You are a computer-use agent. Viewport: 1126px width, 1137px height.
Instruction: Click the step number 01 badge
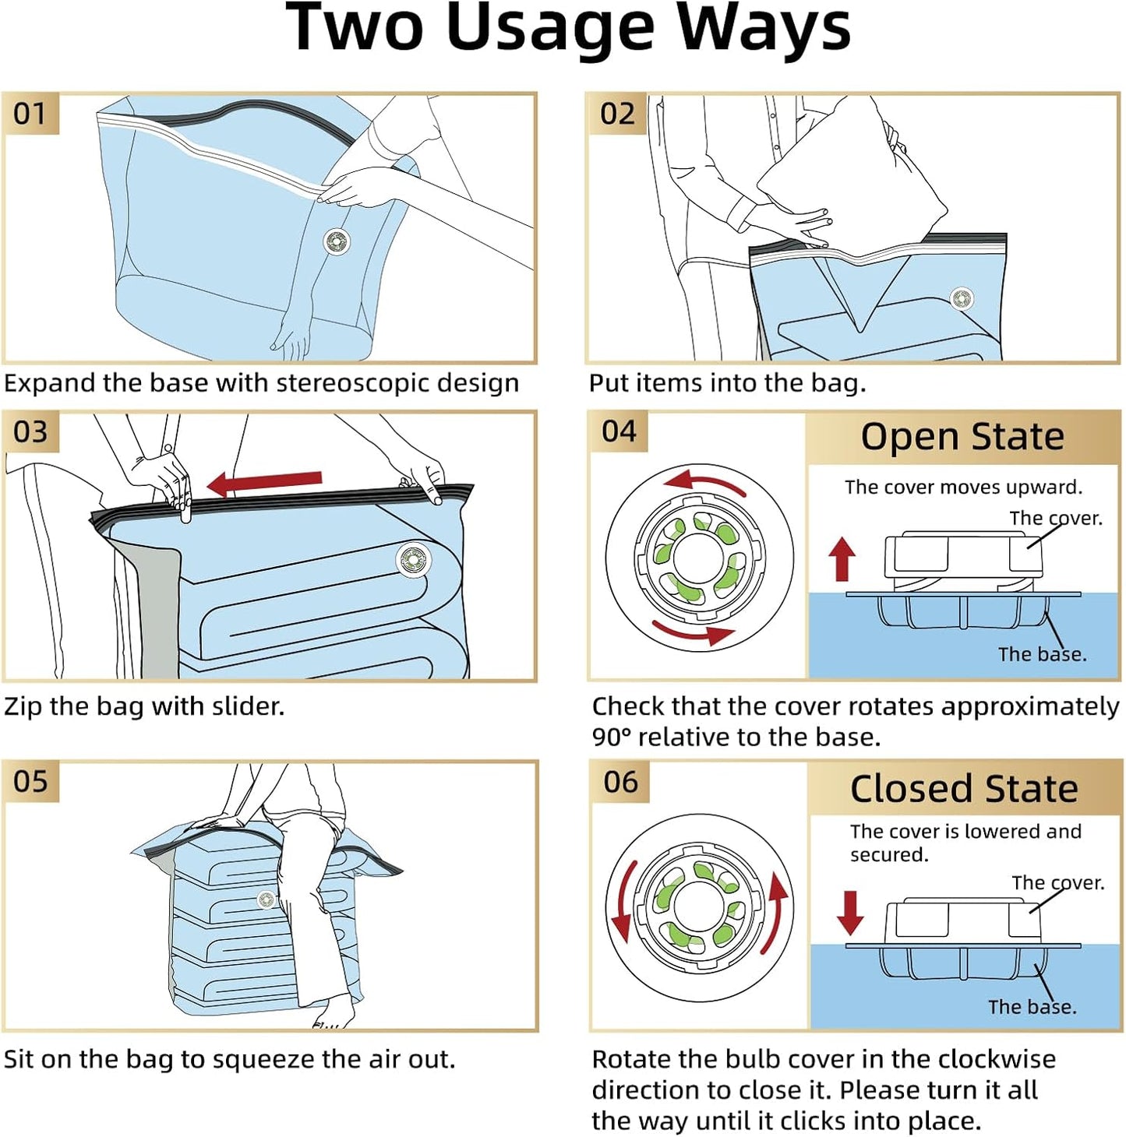(x=30, y=114)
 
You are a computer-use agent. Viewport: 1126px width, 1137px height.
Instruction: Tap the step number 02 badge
(x=617, y=114)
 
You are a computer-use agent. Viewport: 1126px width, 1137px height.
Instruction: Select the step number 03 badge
(x=30, y=432)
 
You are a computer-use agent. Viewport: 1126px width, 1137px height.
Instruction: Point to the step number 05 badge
(x=30, y=782)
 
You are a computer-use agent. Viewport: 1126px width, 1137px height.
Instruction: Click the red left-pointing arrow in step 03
(x=264, y=484)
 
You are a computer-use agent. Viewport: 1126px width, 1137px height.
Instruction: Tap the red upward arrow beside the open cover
(x=842, y=558)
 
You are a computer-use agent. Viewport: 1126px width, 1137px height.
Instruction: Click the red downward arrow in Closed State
(x=850, y=913)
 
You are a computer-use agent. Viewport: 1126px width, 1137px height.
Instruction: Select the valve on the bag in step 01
(x=337, y=241)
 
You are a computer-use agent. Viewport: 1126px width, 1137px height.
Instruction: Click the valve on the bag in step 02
(x=962, y=298)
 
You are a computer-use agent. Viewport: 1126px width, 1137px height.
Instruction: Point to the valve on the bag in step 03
(x=413, y=558)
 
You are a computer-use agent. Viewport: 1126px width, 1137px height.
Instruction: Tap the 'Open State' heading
(x=962, y=437)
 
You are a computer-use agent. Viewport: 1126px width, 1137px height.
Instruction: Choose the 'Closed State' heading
(x=964, y=788)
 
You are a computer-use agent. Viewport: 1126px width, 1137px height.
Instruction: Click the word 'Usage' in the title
(x=549, y=30)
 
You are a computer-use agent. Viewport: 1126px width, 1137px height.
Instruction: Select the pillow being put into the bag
(x=852, y=174)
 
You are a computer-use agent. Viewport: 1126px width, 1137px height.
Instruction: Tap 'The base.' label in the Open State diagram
(x=1042, y=654)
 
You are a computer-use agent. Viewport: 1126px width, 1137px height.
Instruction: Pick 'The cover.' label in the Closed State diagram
(x=1058, y=882)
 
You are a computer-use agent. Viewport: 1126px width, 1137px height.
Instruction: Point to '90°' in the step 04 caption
(x=611, y=737)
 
